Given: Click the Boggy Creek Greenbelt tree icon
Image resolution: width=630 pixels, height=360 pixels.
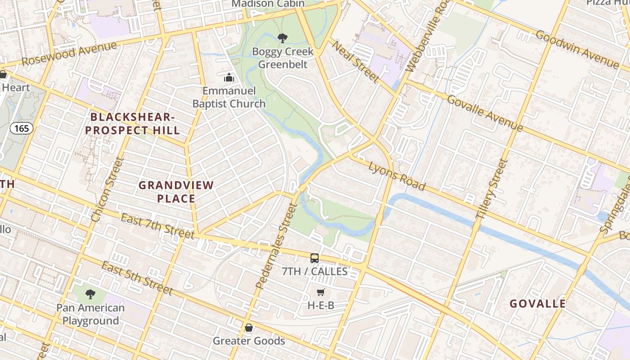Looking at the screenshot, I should pyautogui.click(x=283, y=38).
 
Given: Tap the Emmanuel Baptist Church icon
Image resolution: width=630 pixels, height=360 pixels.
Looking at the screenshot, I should pyautogui.click(x=229, y=78).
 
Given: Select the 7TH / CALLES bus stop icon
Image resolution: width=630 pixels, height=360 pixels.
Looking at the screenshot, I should pyautogui.click(x=315, y=258).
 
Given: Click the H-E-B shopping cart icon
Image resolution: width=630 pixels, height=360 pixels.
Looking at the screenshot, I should pyautogui.click(x=321, y=292).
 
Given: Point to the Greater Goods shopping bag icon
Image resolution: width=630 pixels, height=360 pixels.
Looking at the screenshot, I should pyautogui.click(x=248, y=328).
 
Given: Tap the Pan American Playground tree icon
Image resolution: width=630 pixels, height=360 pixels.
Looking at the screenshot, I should pyautogui.click(x=90, y=295).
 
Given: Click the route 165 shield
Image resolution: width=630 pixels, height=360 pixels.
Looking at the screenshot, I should pyautogui.click(x=22, y=129).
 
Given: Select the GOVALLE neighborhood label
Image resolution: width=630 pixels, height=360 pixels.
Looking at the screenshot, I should pyautogui.click(x=538, y=304).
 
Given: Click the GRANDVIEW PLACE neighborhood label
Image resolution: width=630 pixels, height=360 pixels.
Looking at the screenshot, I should pyautogui.click(x=176, y=192).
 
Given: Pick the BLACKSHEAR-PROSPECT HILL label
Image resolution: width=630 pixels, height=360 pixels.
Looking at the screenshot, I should pyautogui.click(x=133, y=124).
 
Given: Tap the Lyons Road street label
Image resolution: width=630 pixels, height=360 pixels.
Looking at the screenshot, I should pyautogui.click(x=397, y=176).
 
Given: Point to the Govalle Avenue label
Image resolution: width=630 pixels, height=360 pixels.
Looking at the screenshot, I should pyautogui.click(x=485, y=112).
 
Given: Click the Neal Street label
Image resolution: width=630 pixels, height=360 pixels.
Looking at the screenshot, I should pyautogui.click(x=355, y=62).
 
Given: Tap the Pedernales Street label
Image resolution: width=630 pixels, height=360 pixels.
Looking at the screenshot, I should pyautogui.click(x=276, y=246).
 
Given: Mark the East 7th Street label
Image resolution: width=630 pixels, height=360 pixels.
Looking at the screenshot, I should pyautogui.click(x=157, y=226).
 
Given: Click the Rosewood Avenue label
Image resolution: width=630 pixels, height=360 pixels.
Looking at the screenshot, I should pyautogui.click(x=69, y=54).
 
